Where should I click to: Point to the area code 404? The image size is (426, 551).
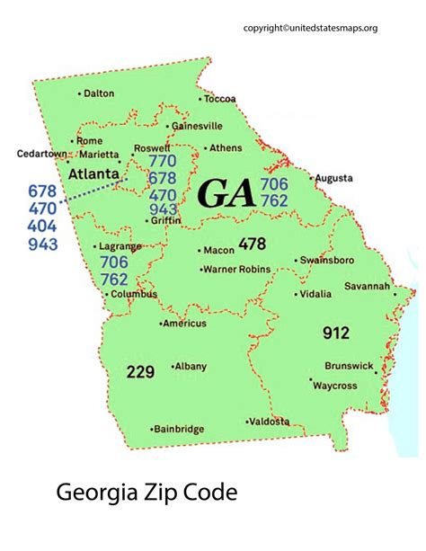pos(42,227)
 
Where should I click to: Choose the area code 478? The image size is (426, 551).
pos(253,244)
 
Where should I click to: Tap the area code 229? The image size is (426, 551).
pos(140,370)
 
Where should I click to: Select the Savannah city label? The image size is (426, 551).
pos(367,287)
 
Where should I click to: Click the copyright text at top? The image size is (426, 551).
pos(310,28)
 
